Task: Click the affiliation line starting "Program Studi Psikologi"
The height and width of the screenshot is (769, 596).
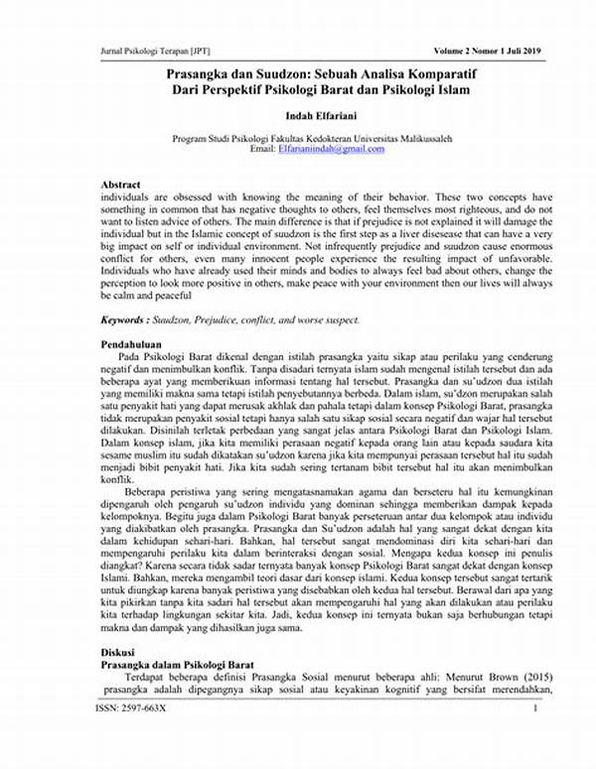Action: (316, 138)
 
